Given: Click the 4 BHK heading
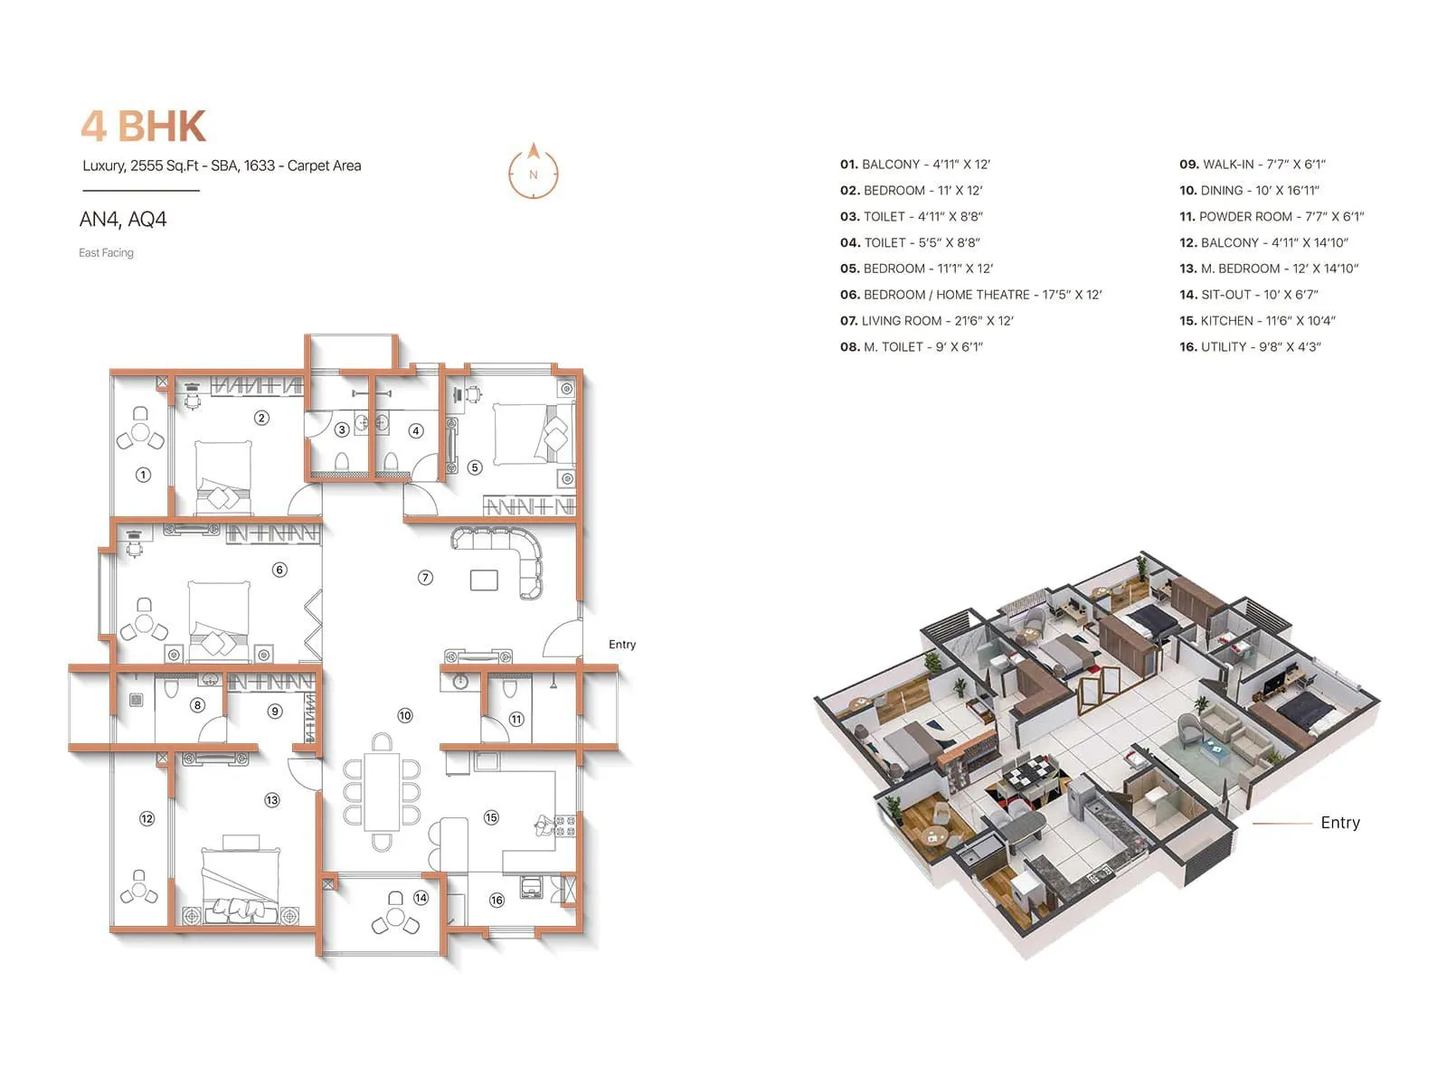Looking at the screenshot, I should (144, 127).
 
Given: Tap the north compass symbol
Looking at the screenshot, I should (534, 171).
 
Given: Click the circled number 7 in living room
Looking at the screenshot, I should (425, 577).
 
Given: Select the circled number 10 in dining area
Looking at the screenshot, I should (404, 715).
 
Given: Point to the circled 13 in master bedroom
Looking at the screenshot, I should (272, 800).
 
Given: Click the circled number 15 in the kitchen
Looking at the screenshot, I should (491, 817).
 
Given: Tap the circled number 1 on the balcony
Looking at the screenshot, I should (143, 475).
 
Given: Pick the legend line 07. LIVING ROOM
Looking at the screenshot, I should (926, 321).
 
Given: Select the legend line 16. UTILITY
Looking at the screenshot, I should (1250, 347).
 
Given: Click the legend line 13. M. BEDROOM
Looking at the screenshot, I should (1269, 269).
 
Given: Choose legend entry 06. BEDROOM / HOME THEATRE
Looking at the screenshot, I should (970, 295).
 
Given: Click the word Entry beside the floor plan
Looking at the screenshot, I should (622, 645).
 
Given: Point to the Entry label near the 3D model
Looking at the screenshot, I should (1339, 823).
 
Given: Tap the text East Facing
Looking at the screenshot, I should (106, 253).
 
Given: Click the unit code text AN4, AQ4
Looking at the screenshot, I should (123, 220).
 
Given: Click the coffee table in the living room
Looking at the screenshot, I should (484, 580).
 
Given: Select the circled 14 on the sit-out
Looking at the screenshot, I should (421, 898).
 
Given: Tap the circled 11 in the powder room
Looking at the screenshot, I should (515, 720).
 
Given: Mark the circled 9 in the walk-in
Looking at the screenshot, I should (275, 712).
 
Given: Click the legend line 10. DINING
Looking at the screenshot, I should (1249, 191).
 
